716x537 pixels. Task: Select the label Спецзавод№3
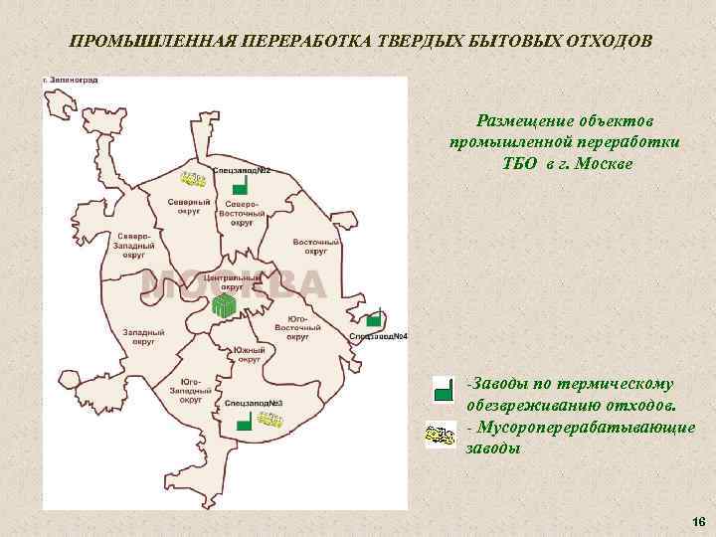pyautogui.click(x=255, y=403)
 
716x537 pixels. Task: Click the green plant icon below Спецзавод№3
pyautogui.click(x=242, y=424)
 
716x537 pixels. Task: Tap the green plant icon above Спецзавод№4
pyautogui.click(x=374, y=319)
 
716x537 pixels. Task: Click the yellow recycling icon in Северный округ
pyautogui.click(x=192, y=179)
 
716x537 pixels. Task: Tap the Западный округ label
pyautogui.click(x=143, y=335)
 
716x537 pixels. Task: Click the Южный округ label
pyautogui.click(x=249, y=355)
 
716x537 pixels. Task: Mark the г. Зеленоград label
pyautogui.click(x=72, y=80)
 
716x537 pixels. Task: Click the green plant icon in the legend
pyautogui.click(x=442, y=391)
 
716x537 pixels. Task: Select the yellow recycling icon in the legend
pyautogui.click(x=441, y=435)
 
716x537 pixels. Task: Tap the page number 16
pyautogui.click(x=697, y=522)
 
